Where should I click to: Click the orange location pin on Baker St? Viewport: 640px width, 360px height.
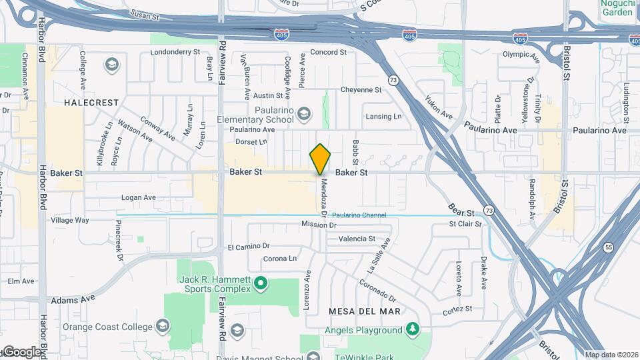(x=320, y=159)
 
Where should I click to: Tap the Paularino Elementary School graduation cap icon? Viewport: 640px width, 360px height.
(x=304, y=114)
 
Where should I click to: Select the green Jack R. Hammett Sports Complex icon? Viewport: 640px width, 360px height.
(x=261, y=285)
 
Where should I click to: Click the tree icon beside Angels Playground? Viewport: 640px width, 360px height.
(x=413, y=329)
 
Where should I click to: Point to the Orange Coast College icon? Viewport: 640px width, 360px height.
(x=162, y=327)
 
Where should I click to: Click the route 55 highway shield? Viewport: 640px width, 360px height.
(x=609, y=247)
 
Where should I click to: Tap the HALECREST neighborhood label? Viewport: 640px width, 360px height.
(x=92, y=103)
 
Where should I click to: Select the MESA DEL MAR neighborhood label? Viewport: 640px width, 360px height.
(x=365, y=311)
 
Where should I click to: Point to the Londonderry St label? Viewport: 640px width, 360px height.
(x=175, y=51)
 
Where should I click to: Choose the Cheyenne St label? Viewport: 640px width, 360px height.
(x=361, y=90)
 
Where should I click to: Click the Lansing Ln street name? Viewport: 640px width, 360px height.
(x=383, y=117)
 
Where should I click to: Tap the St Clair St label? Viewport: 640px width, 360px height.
(x=465, y=224)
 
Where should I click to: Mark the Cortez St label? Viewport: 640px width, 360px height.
(x=457, y=309)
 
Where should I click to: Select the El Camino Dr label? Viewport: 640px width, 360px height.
(x=248, y=247)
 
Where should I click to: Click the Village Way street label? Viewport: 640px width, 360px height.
(x=70, y=220)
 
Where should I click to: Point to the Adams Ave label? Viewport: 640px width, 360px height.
(x=73, y=301)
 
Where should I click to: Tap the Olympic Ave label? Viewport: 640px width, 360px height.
(x=520, y=55)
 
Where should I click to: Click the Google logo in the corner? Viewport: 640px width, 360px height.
(x=21, y=351)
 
